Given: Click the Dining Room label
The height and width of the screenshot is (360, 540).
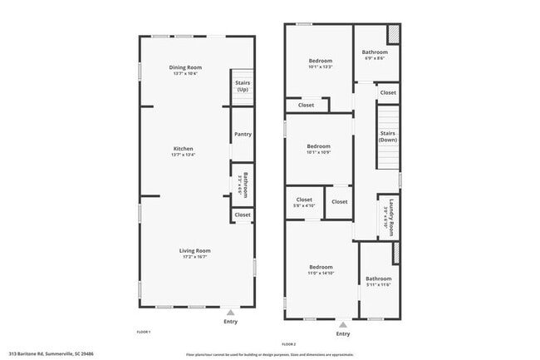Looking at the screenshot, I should point(185,67).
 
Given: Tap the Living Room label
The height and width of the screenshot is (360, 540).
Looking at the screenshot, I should point(195,250).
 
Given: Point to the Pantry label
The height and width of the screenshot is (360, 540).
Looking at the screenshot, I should point(243,134).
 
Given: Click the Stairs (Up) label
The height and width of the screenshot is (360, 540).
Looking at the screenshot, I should point(243,86).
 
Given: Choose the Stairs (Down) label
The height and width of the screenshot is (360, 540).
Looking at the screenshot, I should point(388,136).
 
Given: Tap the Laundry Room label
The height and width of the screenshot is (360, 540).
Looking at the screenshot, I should point(387,217).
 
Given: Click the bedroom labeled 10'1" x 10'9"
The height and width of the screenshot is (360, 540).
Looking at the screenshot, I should point(320,150).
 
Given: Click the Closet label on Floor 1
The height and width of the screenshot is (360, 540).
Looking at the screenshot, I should point(243,215).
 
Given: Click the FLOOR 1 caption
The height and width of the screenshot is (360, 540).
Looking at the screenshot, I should point(144,332).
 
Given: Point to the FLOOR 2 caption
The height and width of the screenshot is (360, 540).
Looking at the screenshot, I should point(289,343).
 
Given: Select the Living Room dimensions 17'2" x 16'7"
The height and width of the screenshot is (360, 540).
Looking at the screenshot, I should point(195,256).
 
